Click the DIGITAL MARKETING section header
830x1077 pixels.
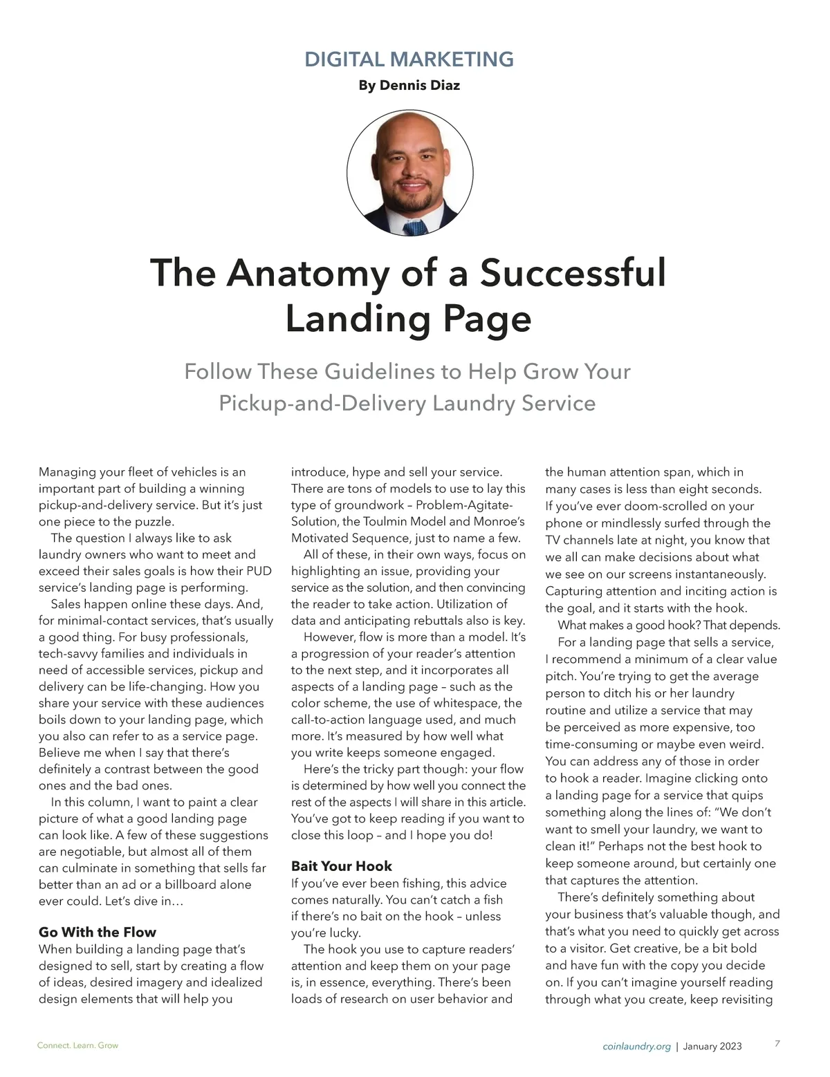point(409,59)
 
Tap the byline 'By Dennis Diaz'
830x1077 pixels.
point(409,86)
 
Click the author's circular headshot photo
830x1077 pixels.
point(409,172)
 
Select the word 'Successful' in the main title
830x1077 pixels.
point(573,272)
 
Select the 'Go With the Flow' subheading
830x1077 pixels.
point(98,932)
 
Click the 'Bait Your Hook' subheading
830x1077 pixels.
point(342,866)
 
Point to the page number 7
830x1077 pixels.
point(777,1044)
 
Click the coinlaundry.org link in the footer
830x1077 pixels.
point(636,1047)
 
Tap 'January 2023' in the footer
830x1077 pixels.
point(712,1047)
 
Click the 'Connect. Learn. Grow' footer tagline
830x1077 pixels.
point(77,1046)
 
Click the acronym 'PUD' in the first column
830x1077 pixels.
point(259,572)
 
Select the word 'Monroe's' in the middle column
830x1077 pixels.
point(495,522)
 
